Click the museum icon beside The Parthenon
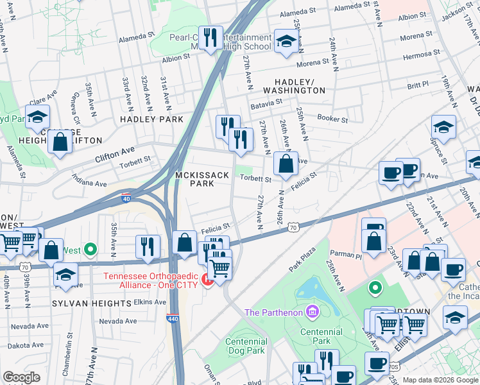[x=313, y=312]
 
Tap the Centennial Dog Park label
[x=246, y=346]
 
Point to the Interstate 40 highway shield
[x=126, y=198]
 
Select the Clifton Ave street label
[x=115, y=154]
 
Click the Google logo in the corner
[x=21, y=377]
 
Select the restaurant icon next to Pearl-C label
[x=210, y=38]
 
